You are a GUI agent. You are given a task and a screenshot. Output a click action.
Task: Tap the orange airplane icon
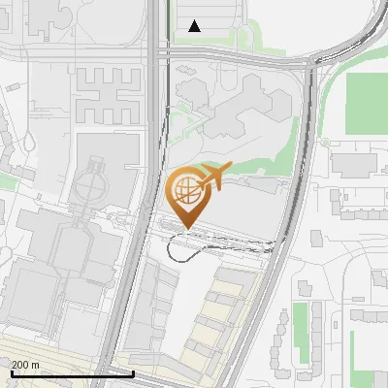215,178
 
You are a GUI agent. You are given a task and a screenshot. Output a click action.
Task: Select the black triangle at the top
195,26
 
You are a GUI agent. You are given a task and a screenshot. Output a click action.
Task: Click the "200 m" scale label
25,365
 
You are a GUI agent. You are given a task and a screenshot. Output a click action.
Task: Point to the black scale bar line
68,373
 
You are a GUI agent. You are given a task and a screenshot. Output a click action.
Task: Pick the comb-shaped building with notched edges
108,94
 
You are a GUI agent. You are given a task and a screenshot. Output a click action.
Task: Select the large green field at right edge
368,101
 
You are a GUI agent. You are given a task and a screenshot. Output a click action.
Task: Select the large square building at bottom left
30,296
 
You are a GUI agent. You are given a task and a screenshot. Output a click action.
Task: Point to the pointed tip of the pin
185,229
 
